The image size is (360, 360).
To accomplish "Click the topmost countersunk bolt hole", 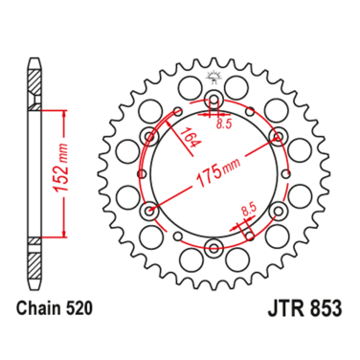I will pos(213,100).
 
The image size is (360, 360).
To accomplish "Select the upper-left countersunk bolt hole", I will pos(149,136).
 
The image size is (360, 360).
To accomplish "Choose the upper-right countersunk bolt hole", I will pos(276,136).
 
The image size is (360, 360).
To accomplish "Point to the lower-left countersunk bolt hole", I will pos(149,210).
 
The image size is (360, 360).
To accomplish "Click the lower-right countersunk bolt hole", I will pos(276,210).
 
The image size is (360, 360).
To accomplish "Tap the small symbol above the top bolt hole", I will pos(213,76).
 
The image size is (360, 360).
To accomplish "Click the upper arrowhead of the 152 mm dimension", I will pos(64,112).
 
